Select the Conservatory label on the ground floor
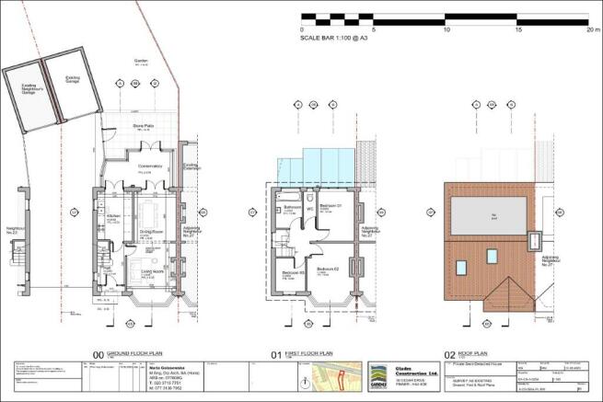[150, 167]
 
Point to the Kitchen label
[114, 216]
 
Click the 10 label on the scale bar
[446, 29]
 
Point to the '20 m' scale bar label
[592, 29]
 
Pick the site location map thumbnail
[336, 378]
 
